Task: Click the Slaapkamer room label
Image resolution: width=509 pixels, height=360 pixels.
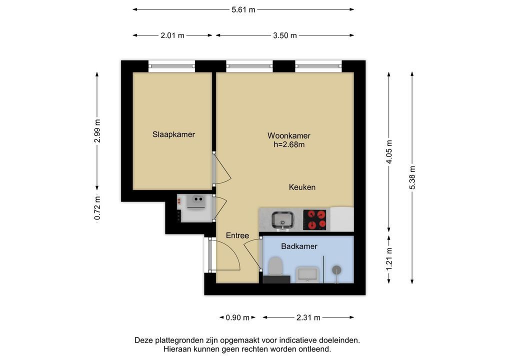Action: coord(173,134)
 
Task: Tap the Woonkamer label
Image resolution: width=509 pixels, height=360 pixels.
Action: coord(289,135)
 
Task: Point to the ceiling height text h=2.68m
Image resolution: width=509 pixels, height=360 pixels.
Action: coord(289,145)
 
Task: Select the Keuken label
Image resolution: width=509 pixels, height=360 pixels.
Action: coord(302,187)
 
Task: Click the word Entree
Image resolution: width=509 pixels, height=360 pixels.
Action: coord(237,235)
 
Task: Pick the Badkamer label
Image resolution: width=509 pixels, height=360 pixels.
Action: coord(299,246)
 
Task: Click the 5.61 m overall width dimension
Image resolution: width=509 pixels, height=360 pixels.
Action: coord(243,9)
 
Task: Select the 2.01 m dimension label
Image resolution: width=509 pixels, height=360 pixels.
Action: coord(172,35)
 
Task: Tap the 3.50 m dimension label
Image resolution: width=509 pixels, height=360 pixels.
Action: coord(285,35)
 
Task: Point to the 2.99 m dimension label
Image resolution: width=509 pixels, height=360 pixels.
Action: coord(97,131)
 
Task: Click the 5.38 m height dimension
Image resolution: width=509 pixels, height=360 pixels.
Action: coord(412,177)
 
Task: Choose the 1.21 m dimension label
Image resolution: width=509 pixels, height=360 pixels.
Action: coord(389,258)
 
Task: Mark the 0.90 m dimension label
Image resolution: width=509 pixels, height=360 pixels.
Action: coord(237,317)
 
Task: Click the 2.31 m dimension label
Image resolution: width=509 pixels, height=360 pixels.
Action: coord(308,317)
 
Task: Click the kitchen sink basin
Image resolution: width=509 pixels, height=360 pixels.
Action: coord(282,219)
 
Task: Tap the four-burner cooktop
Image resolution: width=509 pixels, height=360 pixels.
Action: coord(314,220)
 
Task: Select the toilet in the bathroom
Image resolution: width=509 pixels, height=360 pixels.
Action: coord(276,266)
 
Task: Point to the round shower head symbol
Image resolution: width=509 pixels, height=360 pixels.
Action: coord(336,269)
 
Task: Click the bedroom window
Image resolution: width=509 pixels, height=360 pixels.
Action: coord(171,66)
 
